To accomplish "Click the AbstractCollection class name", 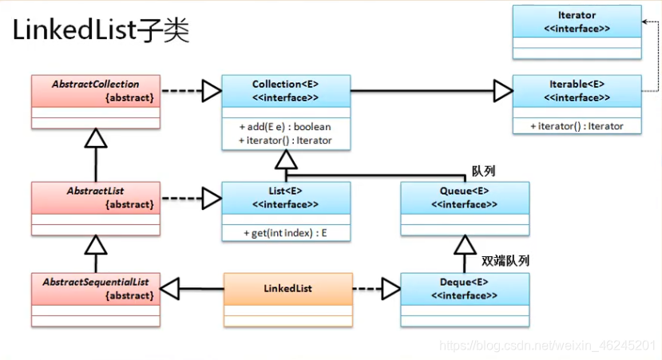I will (x=95, y=84).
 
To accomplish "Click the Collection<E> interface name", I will (x=285, y=84).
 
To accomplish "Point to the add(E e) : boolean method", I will (x=285, y=127).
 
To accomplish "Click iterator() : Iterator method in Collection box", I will (x=285, y=140).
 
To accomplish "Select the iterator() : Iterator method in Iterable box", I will (x=577, y=126).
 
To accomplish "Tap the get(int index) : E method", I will (x=285, y=233).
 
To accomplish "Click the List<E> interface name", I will (x=285, y=192).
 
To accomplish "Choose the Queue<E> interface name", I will (x=464, y=192).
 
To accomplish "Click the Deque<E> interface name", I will (x=464, y=283).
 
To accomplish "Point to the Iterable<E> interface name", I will (x=577, y=84).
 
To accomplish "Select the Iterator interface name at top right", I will (x=577, y=15).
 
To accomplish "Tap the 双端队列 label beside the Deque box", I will (x=505, y=261).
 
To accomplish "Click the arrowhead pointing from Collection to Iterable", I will (x=502, y=91).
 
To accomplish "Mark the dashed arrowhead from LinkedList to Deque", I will (x=390, y=289).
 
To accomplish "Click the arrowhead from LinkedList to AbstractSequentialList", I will (x=170, y=289).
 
